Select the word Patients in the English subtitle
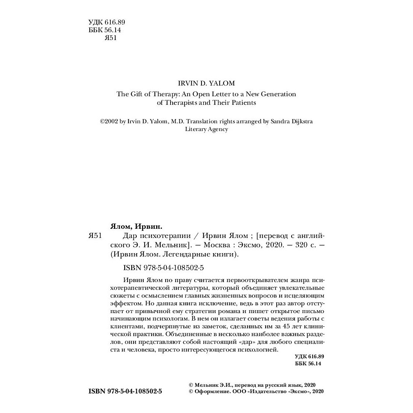(x=244, y=102)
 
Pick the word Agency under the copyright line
(x=217, y=129)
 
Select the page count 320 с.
(x=299, y=245)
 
